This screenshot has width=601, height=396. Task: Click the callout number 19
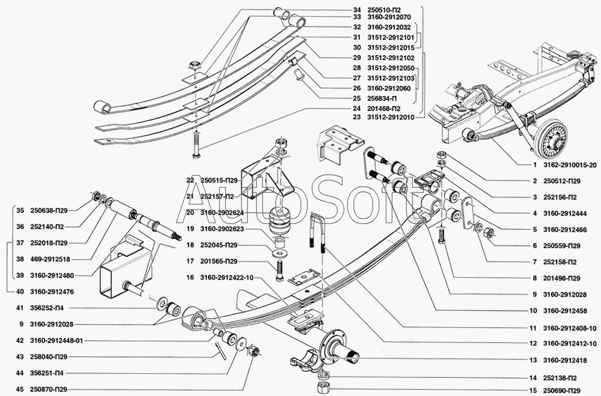coord(191,229)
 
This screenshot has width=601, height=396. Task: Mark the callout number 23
coord(356,117)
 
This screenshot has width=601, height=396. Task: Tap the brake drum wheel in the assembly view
coord(550,139)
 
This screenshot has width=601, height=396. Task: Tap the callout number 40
coord(20,292)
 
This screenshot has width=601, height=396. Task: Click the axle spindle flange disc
coord(330,347)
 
